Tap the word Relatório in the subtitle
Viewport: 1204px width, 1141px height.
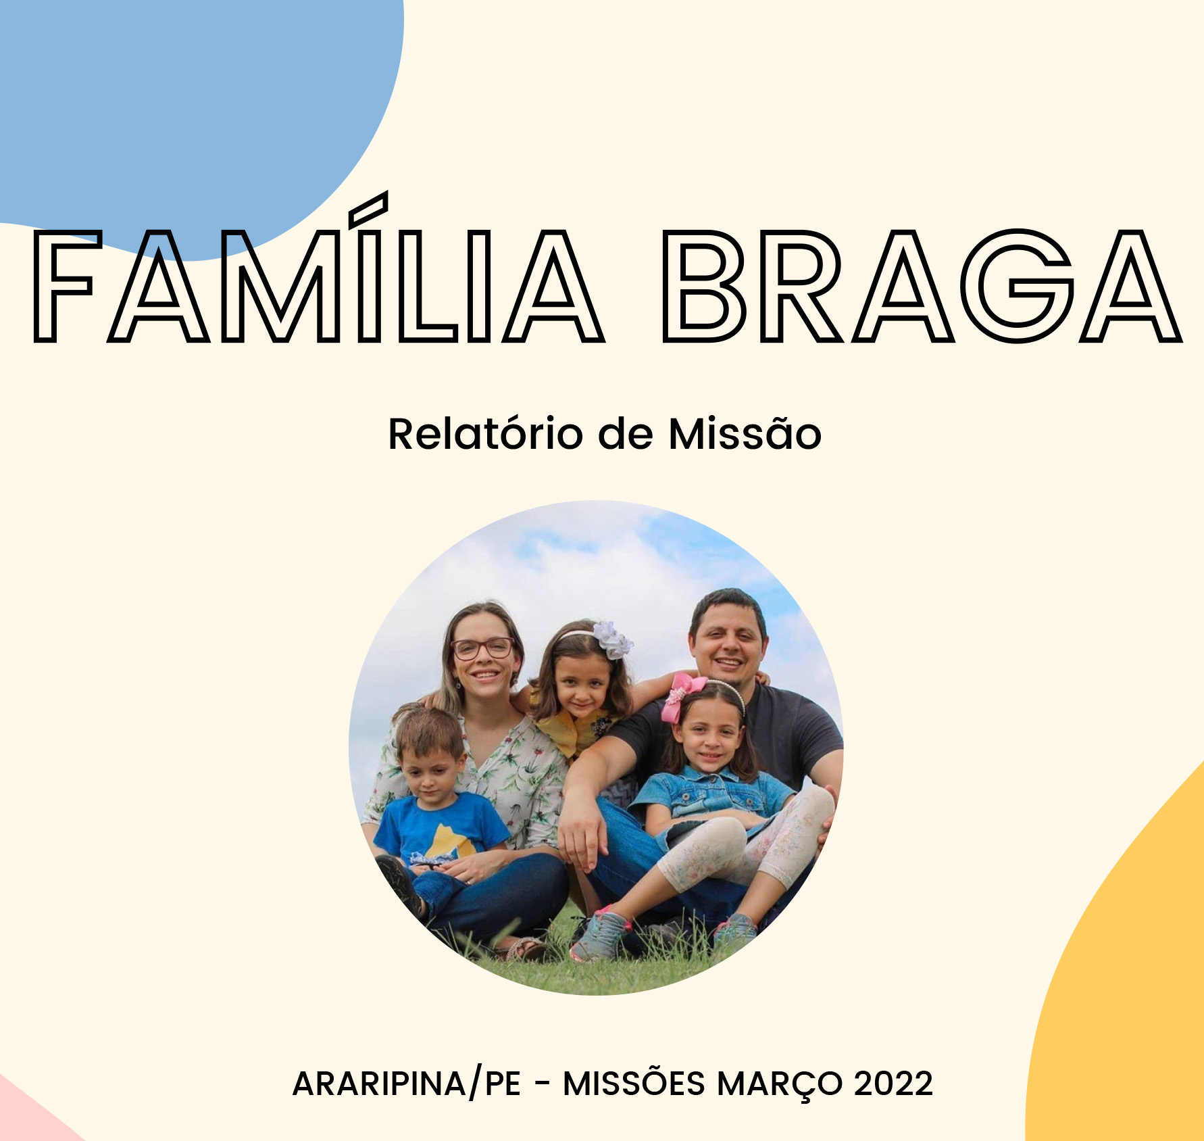(x=485, y=433)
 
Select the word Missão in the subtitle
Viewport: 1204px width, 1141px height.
(x=745, y=433)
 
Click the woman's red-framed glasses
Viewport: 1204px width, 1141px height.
(x=482, y=648)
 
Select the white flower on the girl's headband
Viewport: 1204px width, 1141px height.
(x=612, y=639)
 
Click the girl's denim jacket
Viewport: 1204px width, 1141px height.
(x=709, y=798)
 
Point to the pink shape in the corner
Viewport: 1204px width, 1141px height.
(x=27, y=1115)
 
